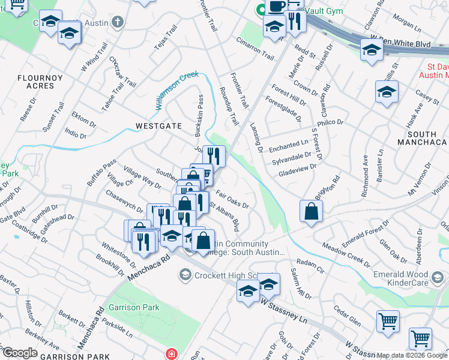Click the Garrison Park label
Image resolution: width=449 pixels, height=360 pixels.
coord(134,307)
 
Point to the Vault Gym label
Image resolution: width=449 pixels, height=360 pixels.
coord(323,11)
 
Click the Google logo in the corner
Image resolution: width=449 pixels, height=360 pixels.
coord(20,353)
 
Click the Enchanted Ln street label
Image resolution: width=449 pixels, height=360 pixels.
coord(288,146)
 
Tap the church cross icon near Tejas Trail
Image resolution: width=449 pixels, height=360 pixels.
coord(118,22)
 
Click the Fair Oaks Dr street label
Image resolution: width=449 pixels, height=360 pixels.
coord(232,198)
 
